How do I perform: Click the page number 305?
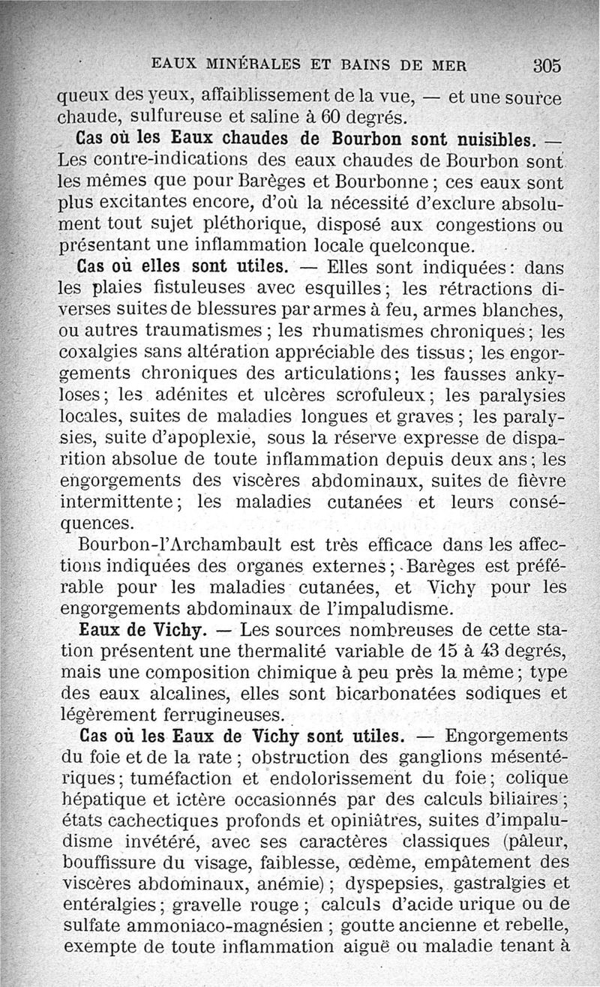pyautogui.click(x=547, y=64)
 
